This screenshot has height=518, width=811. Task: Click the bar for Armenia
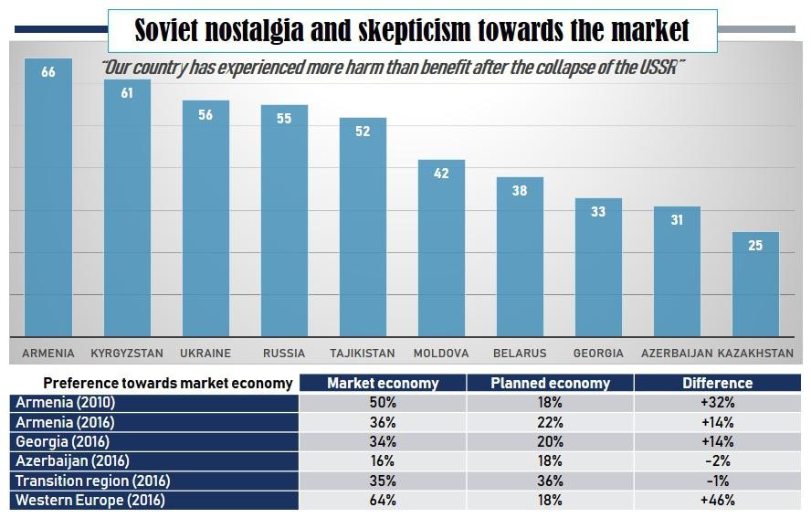[48, 201]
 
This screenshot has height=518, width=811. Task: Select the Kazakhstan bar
[755, 285]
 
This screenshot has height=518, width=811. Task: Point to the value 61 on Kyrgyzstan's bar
[127, 93]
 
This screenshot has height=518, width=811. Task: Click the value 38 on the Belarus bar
[520, 191]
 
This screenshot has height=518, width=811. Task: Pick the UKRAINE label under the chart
[205, 353]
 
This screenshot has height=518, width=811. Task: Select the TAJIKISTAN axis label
[363, 353]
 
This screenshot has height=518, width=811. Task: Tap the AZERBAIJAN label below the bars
[676, 353]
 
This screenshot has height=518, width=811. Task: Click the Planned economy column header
[550, 383]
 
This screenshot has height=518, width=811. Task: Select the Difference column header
[717, 383]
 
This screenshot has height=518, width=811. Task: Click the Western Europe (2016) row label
[90, 500]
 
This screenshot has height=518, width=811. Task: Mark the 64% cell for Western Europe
[383, 500]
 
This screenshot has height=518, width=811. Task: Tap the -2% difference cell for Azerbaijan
[717, 461]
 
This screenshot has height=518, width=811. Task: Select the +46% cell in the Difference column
[717, 500]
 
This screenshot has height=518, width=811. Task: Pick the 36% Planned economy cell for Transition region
[550, 481]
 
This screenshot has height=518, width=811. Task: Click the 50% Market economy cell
[383, 403]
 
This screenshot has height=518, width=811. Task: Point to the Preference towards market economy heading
[168, 383]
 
